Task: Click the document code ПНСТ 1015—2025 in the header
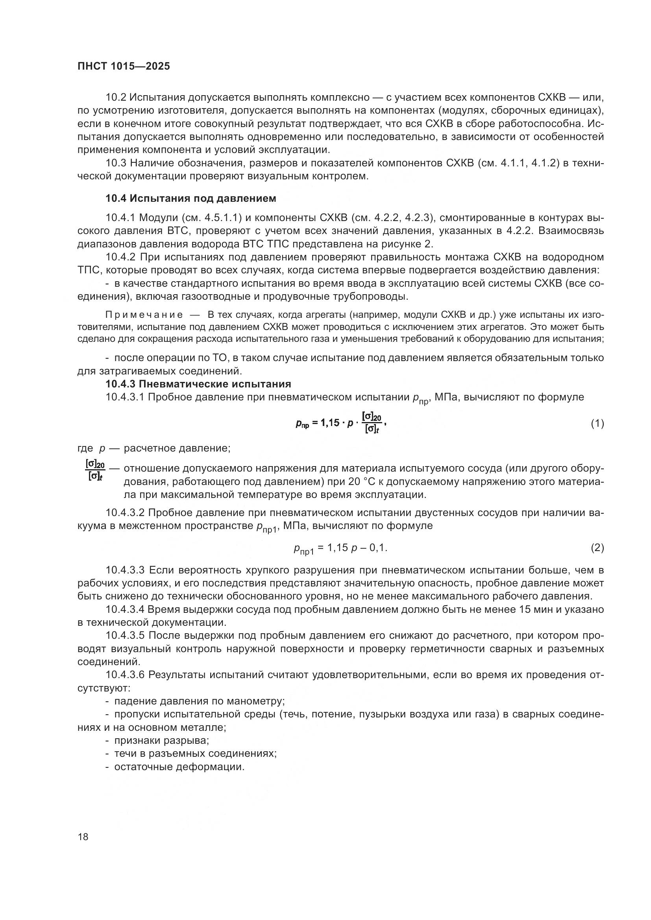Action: (x=124, y=66)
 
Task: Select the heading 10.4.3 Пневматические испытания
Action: (x=198, y=384)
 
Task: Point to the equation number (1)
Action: (x=597, y=424)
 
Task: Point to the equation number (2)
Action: (x=597, y=548)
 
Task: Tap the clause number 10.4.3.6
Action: (x=125, y=675)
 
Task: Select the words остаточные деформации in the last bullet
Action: (x=179, y=767)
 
